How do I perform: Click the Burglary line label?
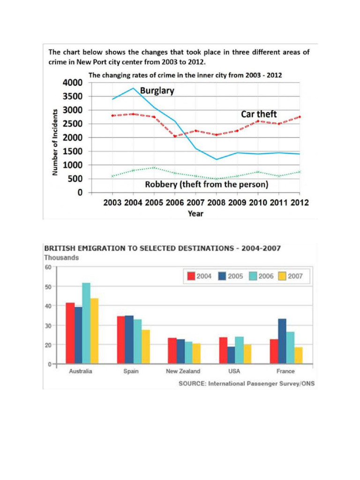[x=157, y=91]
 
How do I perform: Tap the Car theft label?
[x=259, y=114]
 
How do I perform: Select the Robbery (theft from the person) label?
[x=207, y=185]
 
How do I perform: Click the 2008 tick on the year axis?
[x=217, y=203]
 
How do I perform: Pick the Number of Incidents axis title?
[x=55, y=142]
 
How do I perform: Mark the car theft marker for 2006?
[x=175, y=136]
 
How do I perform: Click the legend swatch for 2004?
[x=190, y=276]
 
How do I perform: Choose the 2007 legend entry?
[x=290, y=276]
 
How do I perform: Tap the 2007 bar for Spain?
[x=146, y=346]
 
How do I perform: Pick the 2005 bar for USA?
[x=231, y=355]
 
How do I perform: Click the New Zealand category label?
[x=183, y=371]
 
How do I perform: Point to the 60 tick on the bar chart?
[x=48, y=267]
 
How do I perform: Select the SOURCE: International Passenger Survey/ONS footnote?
[x=247, y=383]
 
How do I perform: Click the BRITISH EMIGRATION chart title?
[x=162, y=248]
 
